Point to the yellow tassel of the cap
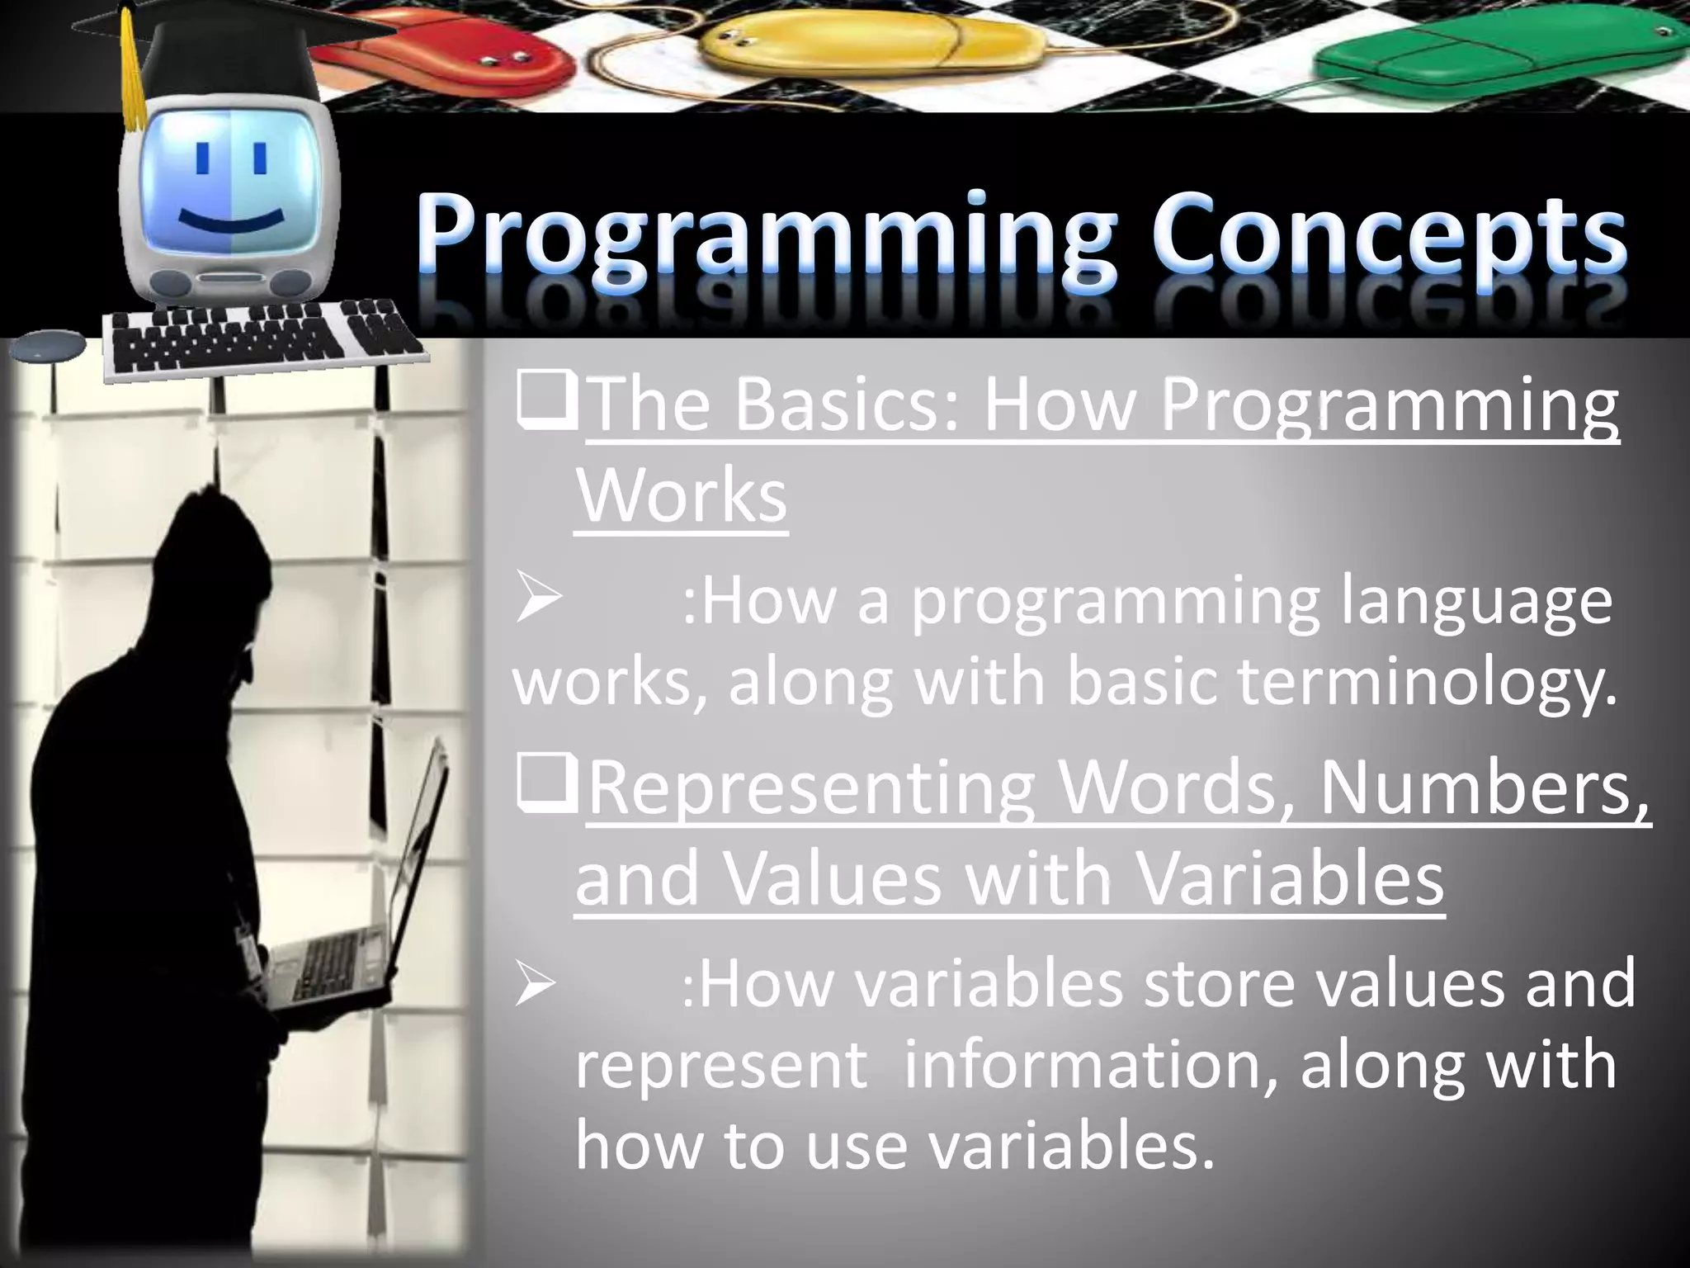pyautogui.click(x=130, y=74)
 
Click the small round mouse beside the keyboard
pyautogui.click(x=50, y=344)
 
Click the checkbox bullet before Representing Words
pyautogui.click(x=545, y=784)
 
